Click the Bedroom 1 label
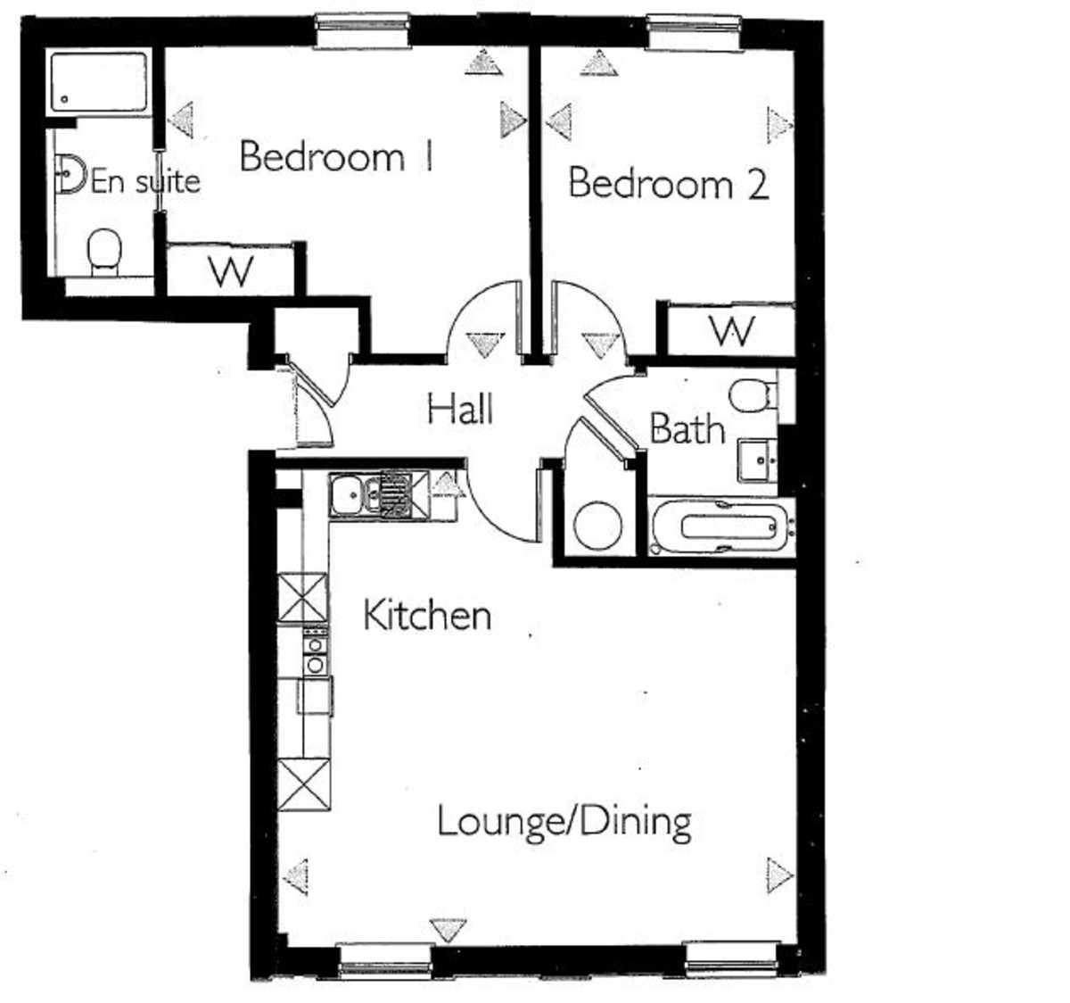[x=336, y=157]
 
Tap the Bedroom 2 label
[x=668, y=185]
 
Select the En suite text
[x=145, y=182]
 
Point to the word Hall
[x=460, y=410]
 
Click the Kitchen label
[x=427, y=616]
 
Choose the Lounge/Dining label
[x=564, y=821]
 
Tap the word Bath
[x=687, y=429]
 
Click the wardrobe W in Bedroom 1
[x=231, y=269]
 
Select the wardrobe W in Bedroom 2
[x=733, y=331]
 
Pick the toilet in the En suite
[x=104, y=250]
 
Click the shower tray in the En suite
[x=98, y=82]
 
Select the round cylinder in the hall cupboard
[x=597, y=526]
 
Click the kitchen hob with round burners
[x=315, y=651]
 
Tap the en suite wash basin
[x=70, y=173]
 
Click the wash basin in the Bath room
[x=759, y=460]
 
